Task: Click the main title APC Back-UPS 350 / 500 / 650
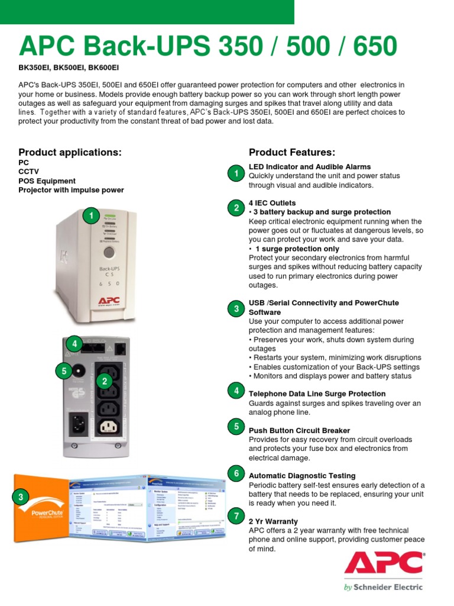pyautogui.click(x=208, y=47)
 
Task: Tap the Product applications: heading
pyautogui.click(x=70, y=152)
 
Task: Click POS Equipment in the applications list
pyautogui.click(x=47, y=181)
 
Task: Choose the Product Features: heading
pyautogui.click(x=291, y=152)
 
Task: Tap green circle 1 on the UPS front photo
pyautogui.click(x=91, y=217)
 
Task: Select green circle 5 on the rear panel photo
pyautogui.click(x=63, y=372)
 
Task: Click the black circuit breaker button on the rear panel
pyautogui.click(x=78, y=372)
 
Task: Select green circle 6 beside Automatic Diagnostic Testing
pyautogui.click(x=236, y=474)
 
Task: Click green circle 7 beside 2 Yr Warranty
pyautogui.click(x=236, y=517)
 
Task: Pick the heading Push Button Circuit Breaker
pyautogui.click(x=299, y=430)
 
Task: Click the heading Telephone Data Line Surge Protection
pyautogui.click(x=317, y=394)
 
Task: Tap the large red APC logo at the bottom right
pyautogui.click(x=384, y=563)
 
